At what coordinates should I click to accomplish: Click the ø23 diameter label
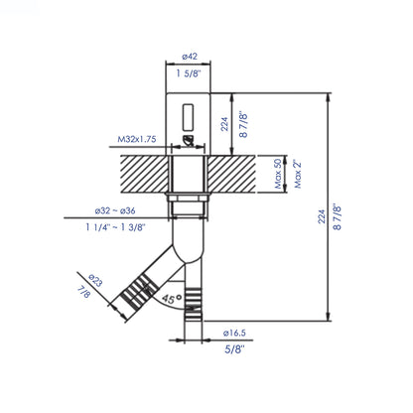coord(95,281)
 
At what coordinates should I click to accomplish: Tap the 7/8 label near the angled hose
coord(82,294)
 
